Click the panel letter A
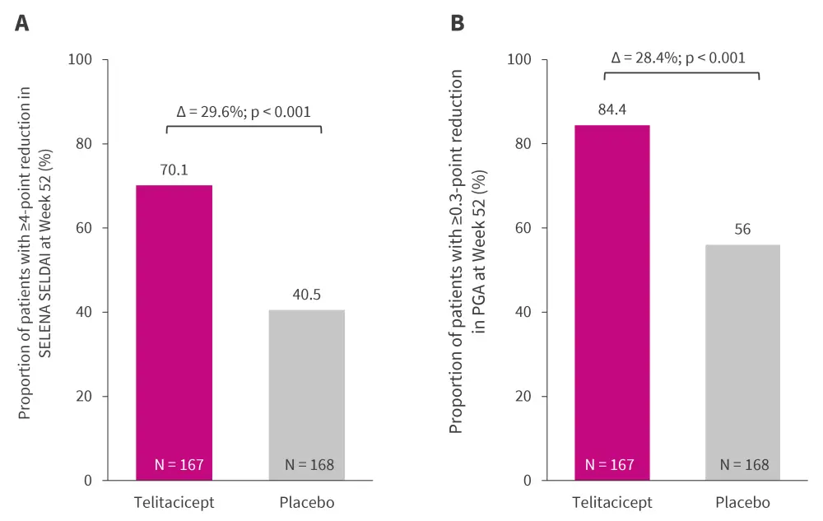click(x=22, y=23)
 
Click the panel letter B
click(x=458, y=23)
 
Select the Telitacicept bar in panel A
click(x=174, y=329)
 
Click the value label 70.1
click(x=174, y=170)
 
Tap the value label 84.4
click(x=611, y=109)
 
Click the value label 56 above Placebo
click(x=742, y=230)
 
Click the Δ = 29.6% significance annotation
click(x=244, y=112)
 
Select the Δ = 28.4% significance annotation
click(x=678, y=58)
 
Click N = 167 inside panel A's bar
click(x=179, y=465)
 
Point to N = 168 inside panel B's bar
click(x=744, y=465)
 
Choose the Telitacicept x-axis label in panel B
click(x=611, y=502)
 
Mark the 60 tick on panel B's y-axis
click(x=519, y=228)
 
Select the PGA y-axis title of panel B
click(x=467, y=251)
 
